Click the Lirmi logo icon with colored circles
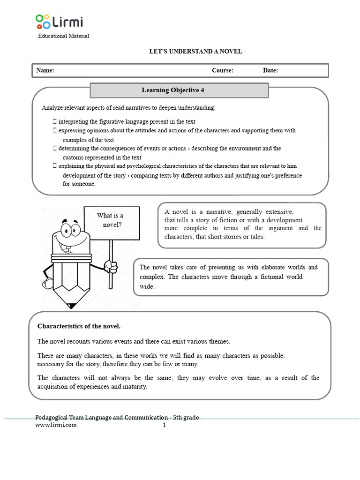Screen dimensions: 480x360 [42, 22]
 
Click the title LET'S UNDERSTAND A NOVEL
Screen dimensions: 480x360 [195, 52]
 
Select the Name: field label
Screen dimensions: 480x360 [45, 70]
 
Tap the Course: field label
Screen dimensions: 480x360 [222, 70]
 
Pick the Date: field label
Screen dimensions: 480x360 [270, 70]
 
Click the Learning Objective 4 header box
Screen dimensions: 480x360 [179, 90]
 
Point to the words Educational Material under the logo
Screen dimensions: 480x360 [63, 36]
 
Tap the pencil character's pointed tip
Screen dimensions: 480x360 [71, 306]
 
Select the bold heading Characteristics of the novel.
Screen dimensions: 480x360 [79, 326]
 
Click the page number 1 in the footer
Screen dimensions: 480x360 [165, 425]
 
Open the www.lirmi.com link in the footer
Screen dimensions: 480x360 [56, 425]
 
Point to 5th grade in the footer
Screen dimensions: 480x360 [186, 417]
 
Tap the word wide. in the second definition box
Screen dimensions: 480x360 [147, 286]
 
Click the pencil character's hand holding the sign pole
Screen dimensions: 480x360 [111, 266]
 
